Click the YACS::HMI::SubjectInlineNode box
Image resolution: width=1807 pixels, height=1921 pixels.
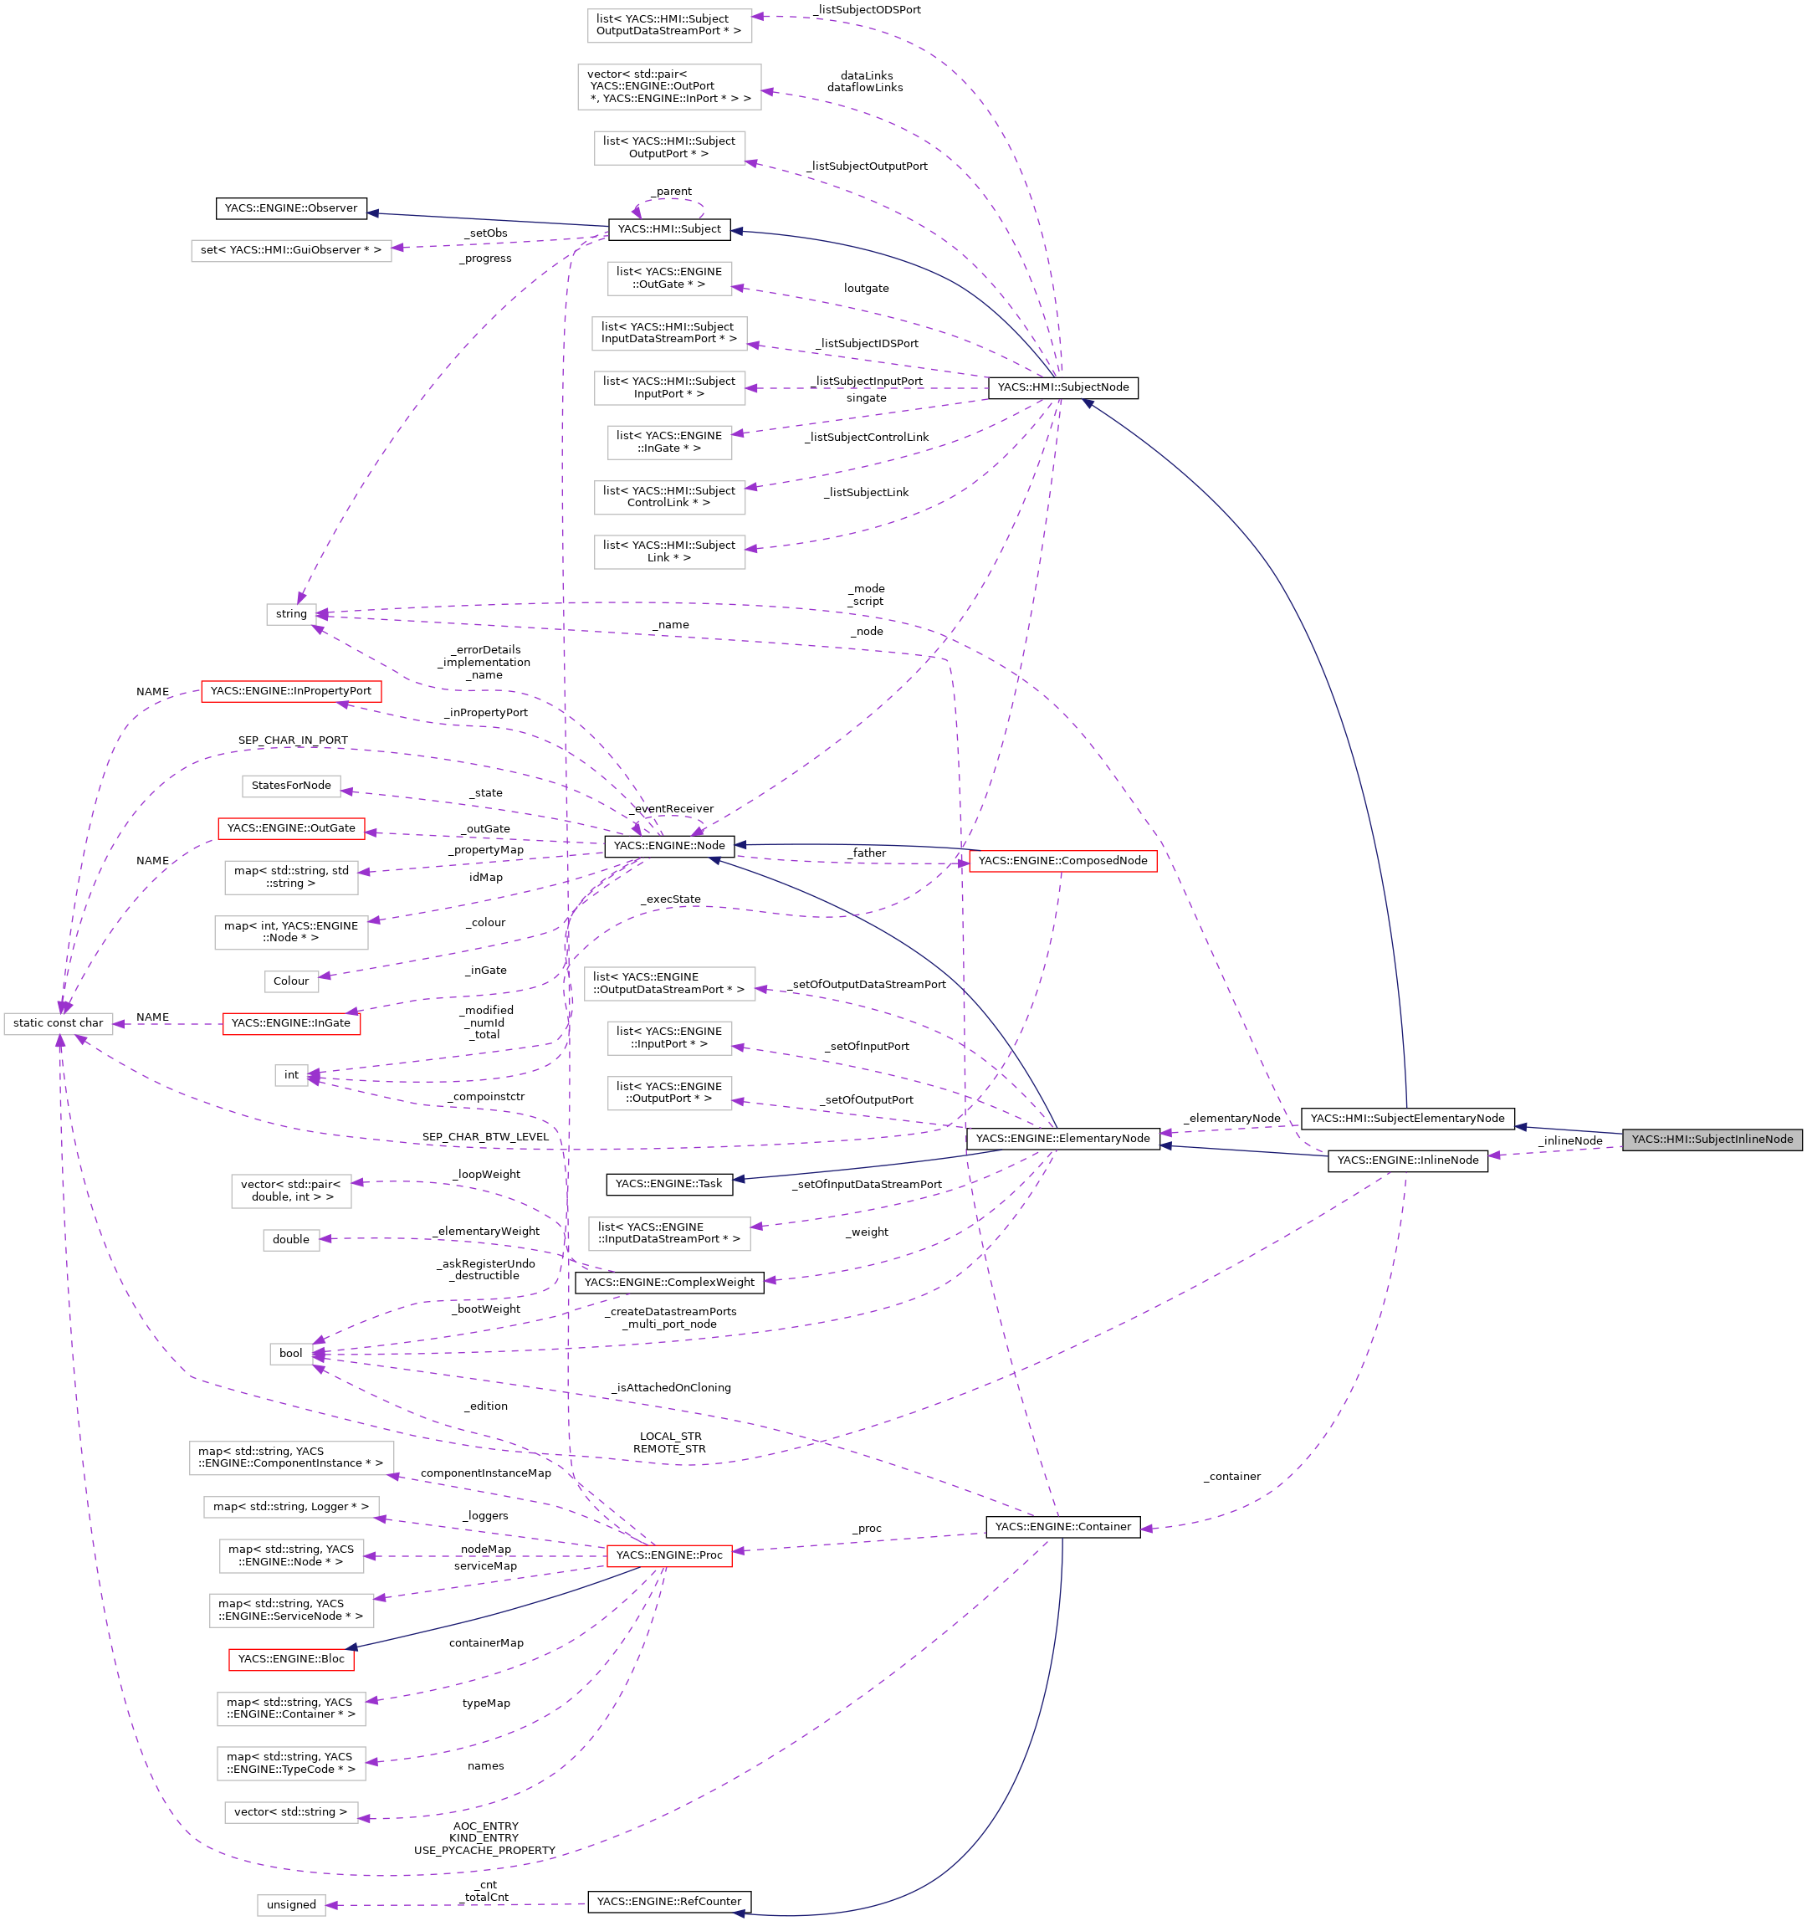point(1712,1140)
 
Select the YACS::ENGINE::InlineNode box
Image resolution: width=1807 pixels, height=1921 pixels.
point(1407,1160)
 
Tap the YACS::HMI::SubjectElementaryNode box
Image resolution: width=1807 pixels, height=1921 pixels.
point(1407,1119)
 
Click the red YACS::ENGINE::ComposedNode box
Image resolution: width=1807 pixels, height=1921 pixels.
point(1062,861)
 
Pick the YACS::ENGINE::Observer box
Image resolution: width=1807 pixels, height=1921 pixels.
point(291,208)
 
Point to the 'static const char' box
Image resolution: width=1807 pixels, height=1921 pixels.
point(58,1023)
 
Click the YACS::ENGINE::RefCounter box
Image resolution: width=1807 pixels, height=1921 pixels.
point(668,1902)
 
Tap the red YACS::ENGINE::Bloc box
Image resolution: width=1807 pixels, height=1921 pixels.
point(291,1659)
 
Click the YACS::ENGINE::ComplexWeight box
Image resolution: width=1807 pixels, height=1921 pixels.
point(668,1283)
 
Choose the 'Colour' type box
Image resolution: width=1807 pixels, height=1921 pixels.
point(291,981)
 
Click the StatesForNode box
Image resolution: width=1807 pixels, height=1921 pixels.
point(291,786)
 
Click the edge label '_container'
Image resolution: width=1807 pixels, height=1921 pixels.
point(1232,1477)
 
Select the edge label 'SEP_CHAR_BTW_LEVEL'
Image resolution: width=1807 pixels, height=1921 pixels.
point(485,1137)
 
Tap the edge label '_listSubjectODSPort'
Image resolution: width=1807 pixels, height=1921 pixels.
point(867,10)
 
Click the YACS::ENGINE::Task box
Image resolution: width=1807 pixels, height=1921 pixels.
point(668,1184)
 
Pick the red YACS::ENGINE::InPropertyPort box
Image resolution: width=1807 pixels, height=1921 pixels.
point(291,692)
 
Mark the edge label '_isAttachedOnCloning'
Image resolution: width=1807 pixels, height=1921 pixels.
point(672,1387)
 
